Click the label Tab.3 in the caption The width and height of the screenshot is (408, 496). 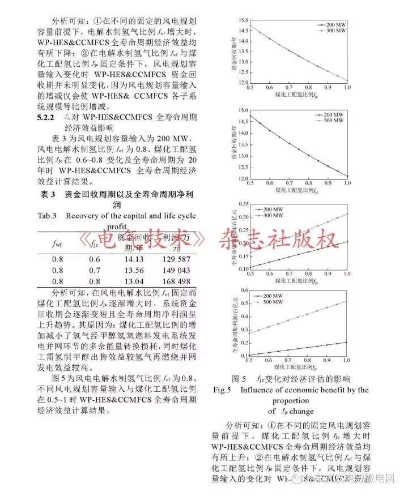click(x=48, y=215)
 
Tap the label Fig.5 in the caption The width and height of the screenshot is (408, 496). click(x=225, y=390)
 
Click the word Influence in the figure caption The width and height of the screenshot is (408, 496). click(x=260, y=390)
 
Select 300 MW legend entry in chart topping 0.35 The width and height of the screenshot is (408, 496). click(x=325, y=215)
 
